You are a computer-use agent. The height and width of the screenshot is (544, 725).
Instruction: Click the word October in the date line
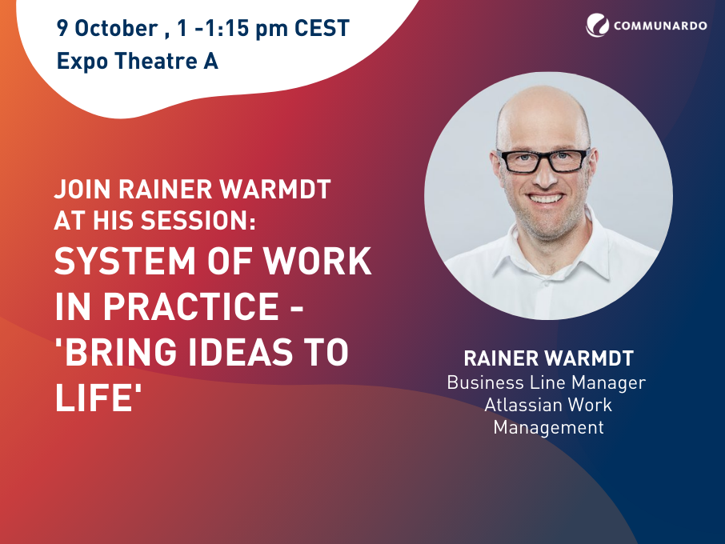(x=116, y=28)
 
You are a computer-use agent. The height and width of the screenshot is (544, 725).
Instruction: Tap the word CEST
(x=322, y=28)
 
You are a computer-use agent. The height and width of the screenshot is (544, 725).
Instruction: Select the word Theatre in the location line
(x=156, y=61)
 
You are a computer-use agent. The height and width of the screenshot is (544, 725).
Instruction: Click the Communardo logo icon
(x=598, y=25)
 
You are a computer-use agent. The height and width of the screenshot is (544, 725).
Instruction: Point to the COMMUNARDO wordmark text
(x=660, y=26)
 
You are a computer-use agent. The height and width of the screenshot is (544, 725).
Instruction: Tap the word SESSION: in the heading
(x=198, y=220)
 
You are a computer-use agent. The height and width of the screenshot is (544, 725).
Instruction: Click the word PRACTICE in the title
(x=191, y=306)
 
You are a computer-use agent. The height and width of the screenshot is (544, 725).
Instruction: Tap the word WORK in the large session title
(x=318, y=261)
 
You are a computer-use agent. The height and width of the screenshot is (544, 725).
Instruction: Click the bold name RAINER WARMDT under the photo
(x=548, y=358)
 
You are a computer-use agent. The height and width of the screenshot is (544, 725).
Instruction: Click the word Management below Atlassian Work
(x=548, y=427)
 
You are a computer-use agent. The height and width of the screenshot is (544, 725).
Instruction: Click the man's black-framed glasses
(x=543, y=160)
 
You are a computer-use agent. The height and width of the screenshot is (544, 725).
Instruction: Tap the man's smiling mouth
(x=546, y=198)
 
